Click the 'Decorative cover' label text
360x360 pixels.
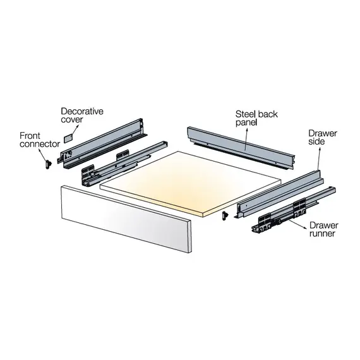[82, 115]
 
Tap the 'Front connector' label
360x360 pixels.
[40, 140]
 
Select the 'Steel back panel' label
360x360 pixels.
[256, 118]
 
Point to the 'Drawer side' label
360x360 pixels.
[322, 137]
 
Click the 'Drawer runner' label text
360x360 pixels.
[324, 229]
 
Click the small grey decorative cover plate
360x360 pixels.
[68, 139]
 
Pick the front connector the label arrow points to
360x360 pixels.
[49, 164]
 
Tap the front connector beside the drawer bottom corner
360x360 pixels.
[225, 216]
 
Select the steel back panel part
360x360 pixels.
[240, 147]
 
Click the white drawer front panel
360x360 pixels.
[126, 219]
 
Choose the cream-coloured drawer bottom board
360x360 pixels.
[191, 184]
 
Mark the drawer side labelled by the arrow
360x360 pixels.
[279, 195]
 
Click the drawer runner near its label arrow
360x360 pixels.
[294, 210]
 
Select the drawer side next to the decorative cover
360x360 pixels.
[102, 143]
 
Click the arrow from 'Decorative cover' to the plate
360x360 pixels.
[75, 130]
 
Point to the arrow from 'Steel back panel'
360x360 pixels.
[246, 139]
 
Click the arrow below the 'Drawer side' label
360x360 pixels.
[319, 159]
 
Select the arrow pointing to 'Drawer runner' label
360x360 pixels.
[298, 224]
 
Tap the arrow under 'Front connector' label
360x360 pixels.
[42, 155]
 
